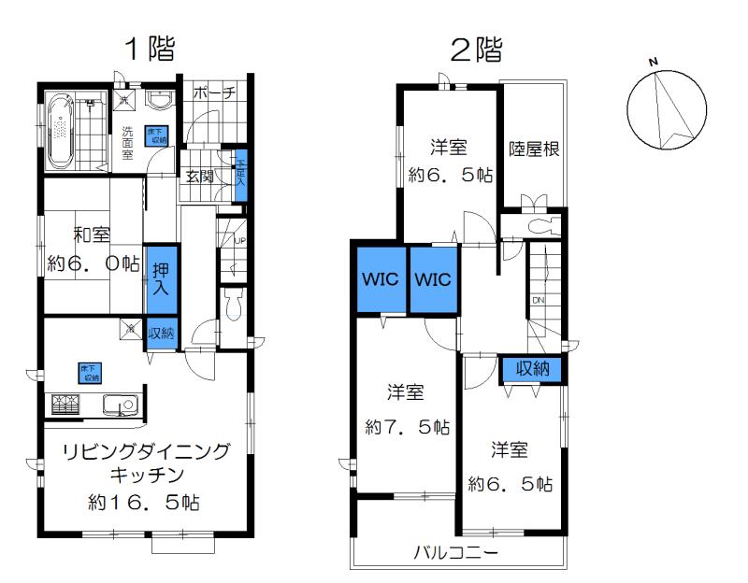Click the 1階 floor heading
(x=151, y=50)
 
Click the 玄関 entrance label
(x=199, y=175)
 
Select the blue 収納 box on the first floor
(x=161, y=333)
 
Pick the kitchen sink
(x=120, y=405)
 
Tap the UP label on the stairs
(x=240, y=240)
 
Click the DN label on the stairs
(x=539, y=300)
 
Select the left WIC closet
(x=380, y=279)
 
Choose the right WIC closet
(x=433, y=279)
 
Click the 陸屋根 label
(x=534, y=149)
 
